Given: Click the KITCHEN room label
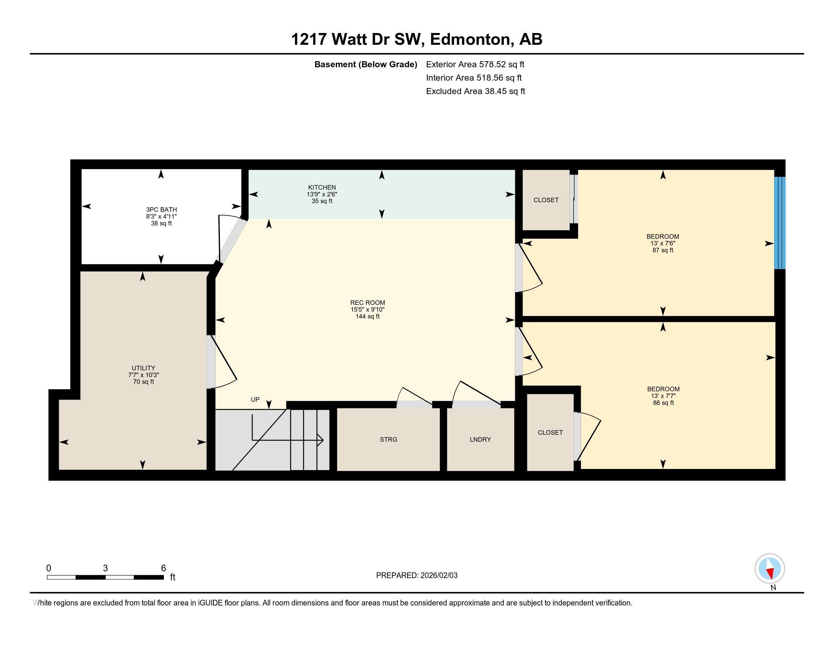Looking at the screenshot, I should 322,187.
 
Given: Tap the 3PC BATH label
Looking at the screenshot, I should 161,209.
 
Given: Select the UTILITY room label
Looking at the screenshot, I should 143,368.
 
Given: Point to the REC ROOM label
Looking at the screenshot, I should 367,303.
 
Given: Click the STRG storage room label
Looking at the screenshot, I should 388,439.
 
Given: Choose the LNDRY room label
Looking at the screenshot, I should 480,439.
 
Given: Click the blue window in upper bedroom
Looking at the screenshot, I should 779,223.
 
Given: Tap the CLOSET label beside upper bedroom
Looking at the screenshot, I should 546,200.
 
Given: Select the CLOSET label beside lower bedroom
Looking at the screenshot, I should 550,432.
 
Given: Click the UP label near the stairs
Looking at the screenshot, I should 255,399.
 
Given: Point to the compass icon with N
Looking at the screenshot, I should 770,568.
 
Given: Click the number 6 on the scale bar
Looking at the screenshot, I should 163,568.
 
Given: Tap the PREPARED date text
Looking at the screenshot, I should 417,575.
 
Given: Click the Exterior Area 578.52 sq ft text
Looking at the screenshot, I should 475,64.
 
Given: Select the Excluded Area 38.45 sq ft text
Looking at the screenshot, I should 475,91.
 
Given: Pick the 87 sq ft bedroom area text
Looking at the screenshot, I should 663,250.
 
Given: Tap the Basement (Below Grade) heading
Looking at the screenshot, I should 365,64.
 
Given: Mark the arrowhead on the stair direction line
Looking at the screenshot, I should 321,440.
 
